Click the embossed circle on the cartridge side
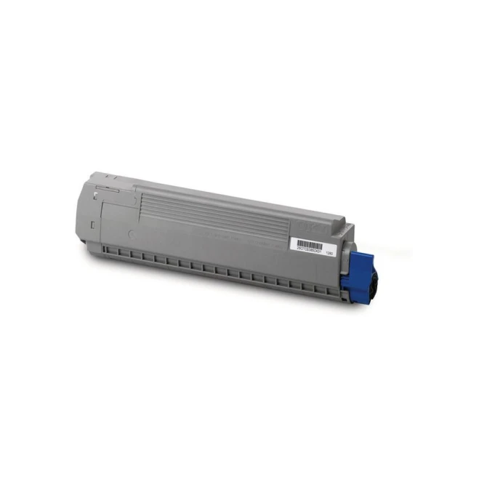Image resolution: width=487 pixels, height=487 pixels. point(130,234)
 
